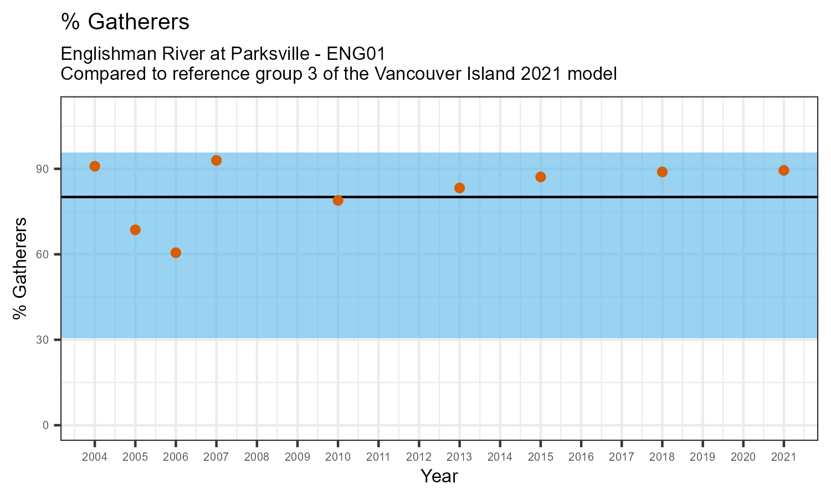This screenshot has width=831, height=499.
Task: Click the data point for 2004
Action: [95, 166]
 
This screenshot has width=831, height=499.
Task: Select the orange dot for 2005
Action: [135, 230]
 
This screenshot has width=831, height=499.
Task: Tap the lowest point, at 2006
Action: [176, 253]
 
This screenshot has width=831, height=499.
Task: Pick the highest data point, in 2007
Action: [217, 160]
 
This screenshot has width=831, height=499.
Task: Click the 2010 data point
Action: [338, 200]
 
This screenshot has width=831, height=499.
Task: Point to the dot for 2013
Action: [459, 188]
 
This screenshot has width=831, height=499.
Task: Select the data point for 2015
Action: [541, 177]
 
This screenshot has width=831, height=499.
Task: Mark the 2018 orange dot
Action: [662, 172]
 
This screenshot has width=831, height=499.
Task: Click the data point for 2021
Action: [783, 170]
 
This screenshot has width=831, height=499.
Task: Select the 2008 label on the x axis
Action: [257, 457]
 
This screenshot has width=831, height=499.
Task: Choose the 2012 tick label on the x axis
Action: [419, 457]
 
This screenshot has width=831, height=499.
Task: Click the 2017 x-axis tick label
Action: [622, 457]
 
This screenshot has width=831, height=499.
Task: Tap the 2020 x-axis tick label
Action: [743, 457]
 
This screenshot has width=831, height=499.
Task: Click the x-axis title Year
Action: [439, 476]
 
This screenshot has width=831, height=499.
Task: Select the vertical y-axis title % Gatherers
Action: [20, 268]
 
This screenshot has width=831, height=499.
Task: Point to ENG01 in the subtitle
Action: [356, 54]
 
